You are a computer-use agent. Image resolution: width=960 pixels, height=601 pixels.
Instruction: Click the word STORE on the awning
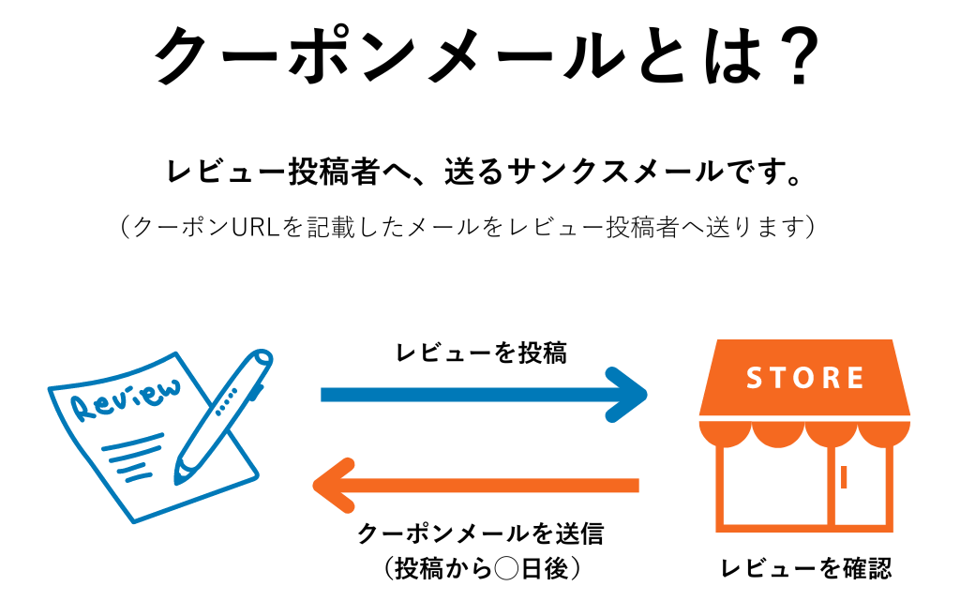[x=804, y=378]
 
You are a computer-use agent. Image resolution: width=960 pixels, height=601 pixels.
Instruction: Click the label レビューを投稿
[x=482, y=353]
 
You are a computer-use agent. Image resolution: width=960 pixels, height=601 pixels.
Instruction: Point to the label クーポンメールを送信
[x=480, y=533]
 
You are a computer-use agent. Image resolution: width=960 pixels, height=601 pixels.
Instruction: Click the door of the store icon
[x=858, y=488]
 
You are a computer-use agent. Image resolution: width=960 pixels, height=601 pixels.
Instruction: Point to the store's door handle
[x=844, y=477]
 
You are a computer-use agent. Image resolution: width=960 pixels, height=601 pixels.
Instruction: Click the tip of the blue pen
[x=177, y=479]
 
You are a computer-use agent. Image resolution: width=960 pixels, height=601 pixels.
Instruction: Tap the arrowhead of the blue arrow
[x=628, y=395]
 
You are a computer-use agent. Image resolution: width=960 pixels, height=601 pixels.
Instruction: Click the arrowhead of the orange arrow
[x=333, y=486]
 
